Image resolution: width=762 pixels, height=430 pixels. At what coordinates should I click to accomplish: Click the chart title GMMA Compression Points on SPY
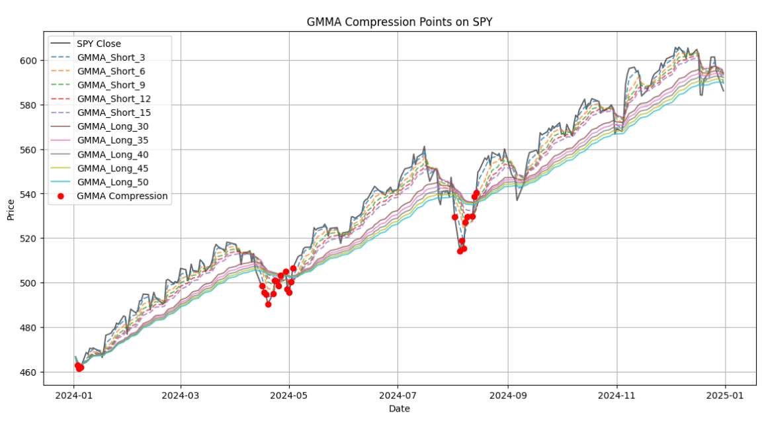(x=399, y=22)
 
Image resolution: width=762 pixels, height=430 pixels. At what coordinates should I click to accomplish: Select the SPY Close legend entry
(x=99, y=44)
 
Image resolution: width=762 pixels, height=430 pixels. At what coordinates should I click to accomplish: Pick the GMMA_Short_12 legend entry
(x=114, y=99)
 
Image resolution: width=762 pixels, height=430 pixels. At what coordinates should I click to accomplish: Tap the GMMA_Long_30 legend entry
(x=112, y=126)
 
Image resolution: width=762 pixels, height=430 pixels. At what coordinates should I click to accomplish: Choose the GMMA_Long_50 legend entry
(x=112, y=182)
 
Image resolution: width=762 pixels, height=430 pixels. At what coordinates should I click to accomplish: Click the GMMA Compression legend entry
(x=122, y=196)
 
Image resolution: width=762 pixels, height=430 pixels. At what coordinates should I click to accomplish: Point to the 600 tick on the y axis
(x=31, y=60)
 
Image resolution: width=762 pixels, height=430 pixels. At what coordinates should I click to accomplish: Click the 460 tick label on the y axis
(x=31, y=372)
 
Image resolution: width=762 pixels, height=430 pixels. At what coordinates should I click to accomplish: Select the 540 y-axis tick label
(x=31, y=194)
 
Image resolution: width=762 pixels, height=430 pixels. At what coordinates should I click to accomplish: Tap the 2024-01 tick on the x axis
(x=73, y=395)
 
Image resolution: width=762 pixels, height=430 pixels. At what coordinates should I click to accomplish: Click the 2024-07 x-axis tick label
(x=398, y=395)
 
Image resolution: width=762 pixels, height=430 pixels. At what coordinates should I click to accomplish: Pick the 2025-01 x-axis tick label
(x=725, y=395)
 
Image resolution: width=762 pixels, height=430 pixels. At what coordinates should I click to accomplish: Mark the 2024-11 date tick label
(x=616, y=395)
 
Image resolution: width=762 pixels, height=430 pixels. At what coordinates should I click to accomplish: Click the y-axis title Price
(x=10, y=208)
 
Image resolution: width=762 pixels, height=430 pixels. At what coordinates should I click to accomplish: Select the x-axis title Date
(x=399, y=409)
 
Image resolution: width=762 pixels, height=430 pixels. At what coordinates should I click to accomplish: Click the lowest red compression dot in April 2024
(x=268, y=304)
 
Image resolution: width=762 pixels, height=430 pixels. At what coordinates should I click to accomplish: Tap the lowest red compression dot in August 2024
(x=460, y=251)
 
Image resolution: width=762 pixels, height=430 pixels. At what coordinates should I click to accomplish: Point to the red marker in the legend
(x=62, y=196)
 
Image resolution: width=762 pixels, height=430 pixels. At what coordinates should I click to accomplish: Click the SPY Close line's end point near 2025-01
(x=724, y=91)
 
